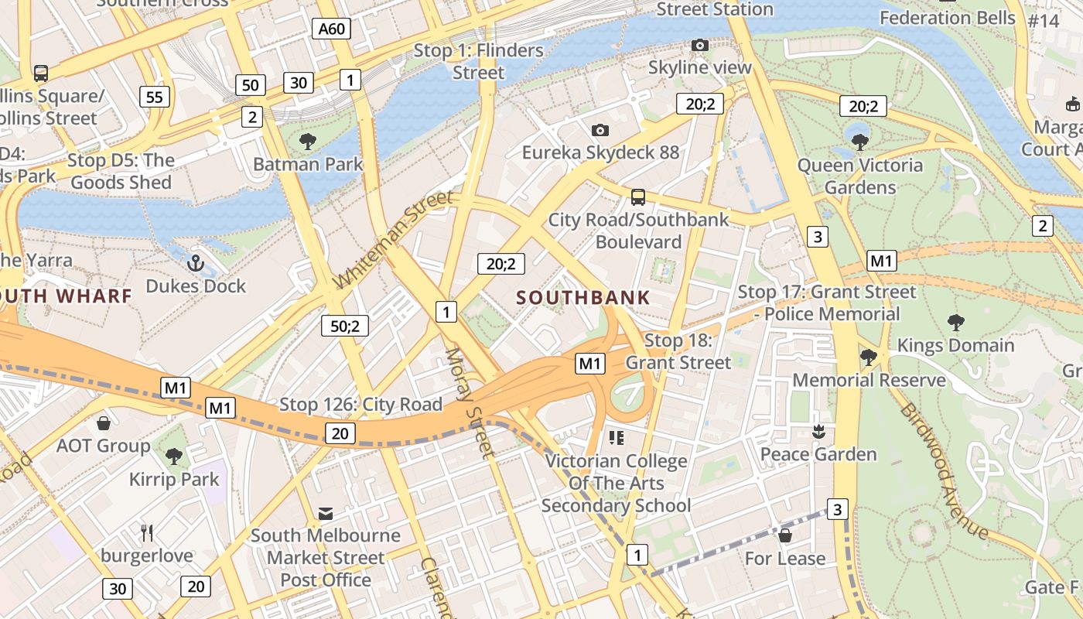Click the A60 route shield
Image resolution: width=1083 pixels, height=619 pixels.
tap(333, 29)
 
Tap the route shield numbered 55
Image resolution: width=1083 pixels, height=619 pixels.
tap(155, 97)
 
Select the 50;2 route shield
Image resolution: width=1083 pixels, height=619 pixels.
tap(345, 326)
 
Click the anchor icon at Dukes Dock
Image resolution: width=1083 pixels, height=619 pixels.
tap(196, 263)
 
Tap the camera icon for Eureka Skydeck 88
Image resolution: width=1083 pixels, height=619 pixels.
tap(600, 130)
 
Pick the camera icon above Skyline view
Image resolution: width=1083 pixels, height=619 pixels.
tap(699, 46)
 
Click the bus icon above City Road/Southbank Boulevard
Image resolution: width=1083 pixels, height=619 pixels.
tap(638, 197)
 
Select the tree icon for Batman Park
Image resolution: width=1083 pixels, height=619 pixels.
tap(308, 142)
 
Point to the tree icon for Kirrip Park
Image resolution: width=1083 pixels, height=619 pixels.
tap(174, 457)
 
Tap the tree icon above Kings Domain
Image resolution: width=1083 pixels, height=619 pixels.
tap(955, 322)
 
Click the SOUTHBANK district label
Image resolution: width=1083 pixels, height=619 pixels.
tap(583, 297)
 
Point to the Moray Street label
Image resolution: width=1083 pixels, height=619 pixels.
tap(469, 403)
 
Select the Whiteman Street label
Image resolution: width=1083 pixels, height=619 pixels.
tap(394, 240)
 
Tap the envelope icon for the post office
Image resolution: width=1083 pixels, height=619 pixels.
tap(326, 514)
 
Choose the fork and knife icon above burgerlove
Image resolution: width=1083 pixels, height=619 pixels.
tap(147, 532)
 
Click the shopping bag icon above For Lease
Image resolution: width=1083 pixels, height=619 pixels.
tap(785, 535)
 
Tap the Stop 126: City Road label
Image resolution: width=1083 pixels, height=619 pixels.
tap(360, 404)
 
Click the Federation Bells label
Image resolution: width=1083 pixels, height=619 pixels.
tap(947, 17)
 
